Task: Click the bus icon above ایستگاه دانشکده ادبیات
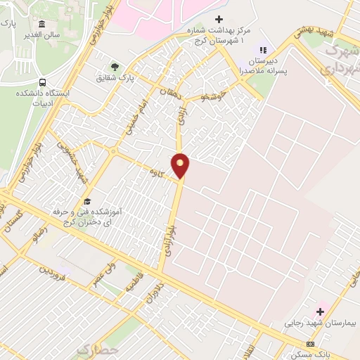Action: tap(42, 82)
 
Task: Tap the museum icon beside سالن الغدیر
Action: tap(42, 25)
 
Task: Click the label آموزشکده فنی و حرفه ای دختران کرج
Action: tap(86, 216)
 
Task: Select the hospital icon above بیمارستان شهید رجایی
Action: tap(321, 311)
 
